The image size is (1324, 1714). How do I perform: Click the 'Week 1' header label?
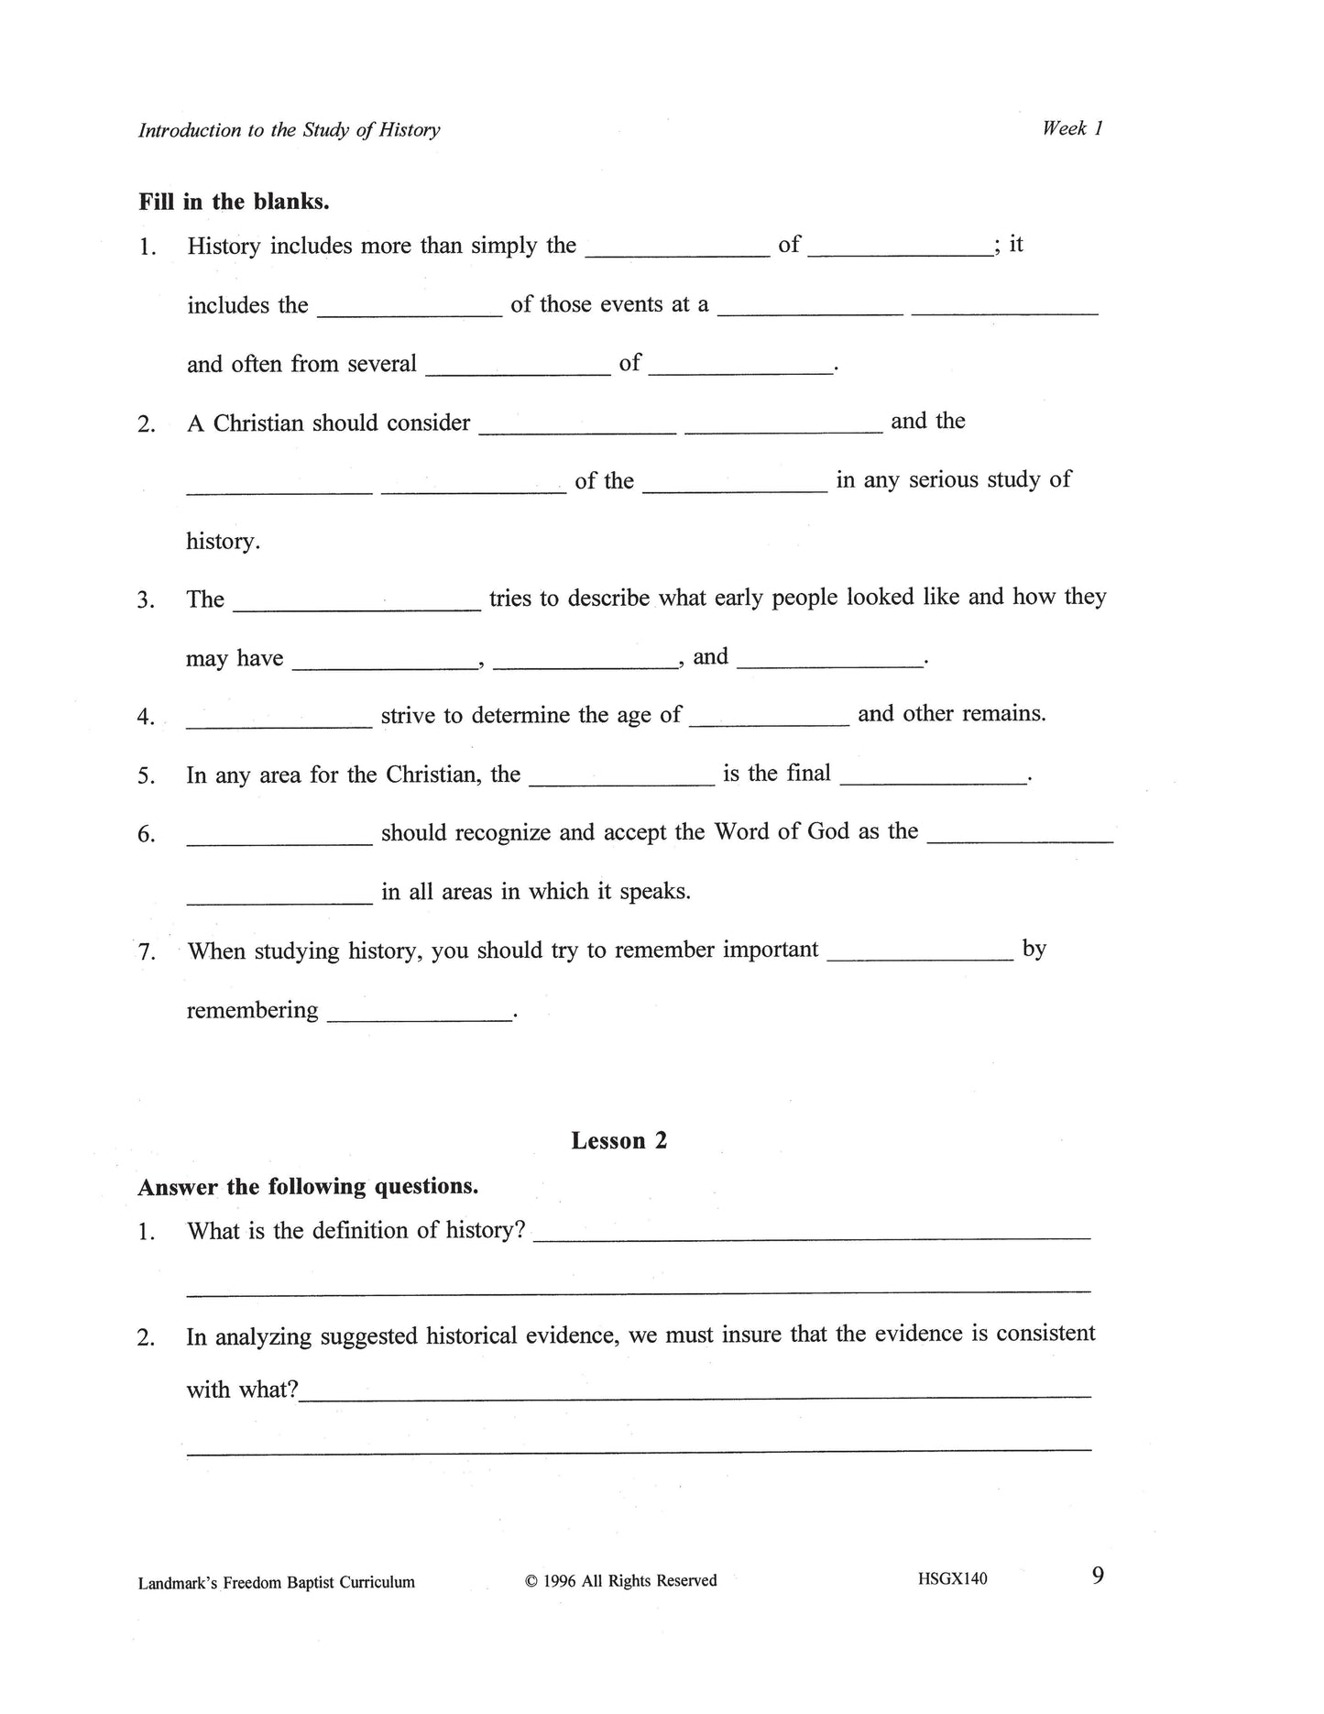[1071, 128]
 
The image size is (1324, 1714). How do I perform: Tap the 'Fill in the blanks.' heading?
[234, 202]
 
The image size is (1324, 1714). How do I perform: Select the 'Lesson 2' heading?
[618, 1140]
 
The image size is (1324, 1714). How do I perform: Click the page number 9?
[1098, 1576]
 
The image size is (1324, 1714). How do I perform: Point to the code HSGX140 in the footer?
[952, 1578]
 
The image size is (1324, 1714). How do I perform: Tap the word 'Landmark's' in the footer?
[177, 1582]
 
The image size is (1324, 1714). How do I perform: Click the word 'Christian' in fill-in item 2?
[258, 423]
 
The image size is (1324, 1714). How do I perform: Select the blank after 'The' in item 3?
[357, 607]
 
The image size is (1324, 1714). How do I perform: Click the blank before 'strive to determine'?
[279, 724]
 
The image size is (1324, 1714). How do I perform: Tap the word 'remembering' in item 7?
[252, 1010]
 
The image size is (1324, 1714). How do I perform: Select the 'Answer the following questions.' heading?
[308, 1187]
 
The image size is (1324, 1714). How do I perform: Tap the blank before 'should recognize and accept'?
[279, 841]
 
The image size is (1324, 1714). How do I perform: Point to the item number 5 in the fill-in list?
[146, 776]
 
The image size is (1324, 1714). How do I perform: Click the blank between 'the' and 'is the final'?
[621, 783]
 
